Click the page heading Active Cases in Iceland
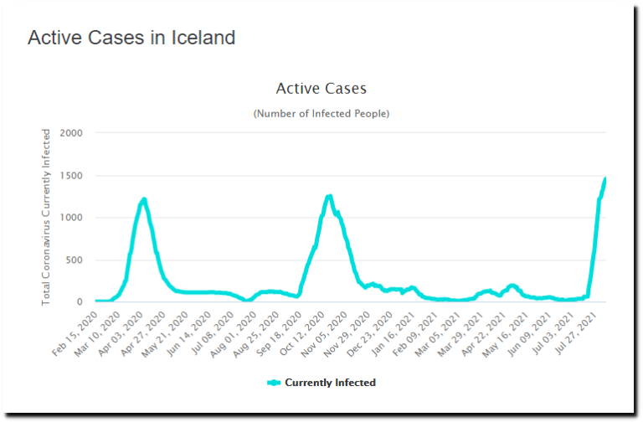pyautogui.click(x=131, y=38)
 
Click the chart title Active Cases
pyautogui.click(x=321, y=88)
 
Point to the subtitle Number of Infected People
pyautogui.click(x=321, y=113)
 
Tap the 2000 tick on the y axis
pyautogui.click(x=71, y=133)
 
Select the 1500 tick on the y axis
pyautogui.click(x=71, y=176)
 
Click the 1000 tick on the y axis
pyautogui.click(x=71, y=218)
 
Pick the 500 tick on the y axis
pyautogui.click(x=75, y=260)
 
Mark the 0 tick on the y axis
pyautogui.click(x=80, y=301)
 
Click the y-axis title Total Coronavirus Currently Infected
pyautogui.click(x=47, y=216)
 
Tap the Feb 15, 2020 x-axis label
pyautogui.click(x=76, y=332)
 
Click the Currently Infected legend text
pyautogui.click(x=330, y=383)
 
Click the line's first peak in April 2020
pyautogui.click(x=144, y=199)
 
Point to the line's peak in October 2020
pyautogui.click(x=330, y=196)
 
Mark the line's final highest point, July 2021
pyautogui.click(x=604, y=178)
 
